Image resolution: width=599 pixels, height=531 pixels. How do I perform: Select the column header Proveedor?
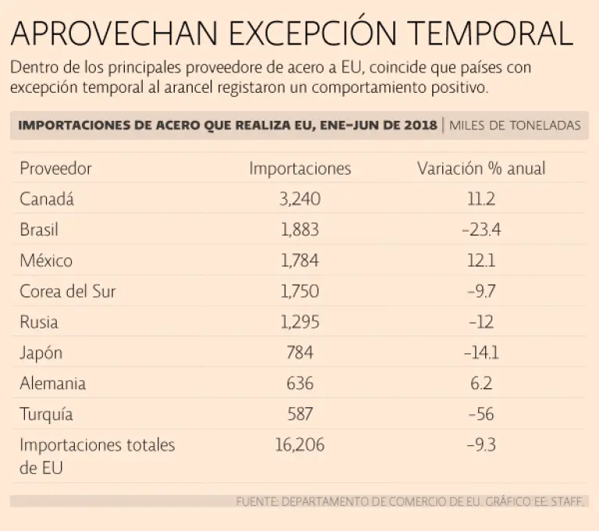pos(55,168)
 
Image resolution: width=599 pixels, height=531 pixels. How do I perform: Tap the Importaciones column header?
pos(299,168)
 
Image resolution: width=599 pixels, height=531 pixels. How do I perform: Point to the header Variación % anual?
pos(481,168)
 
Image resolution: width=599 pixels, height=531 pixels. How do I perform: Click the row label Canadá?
pos(46,199)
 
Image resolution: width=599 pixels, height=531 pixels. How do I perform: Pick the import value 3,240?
pos(299,199)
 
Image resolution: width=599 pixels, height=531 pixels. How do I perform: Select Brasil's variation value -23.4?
pos(481,230)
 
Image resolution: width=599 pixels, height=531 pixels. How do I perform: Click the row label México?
pos(46,260)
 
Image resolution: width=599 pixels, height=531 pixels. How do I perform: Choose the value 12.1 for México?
pos(481,260)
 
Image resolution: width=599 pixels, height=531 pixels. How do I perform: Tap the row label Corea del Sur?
pos(68,292)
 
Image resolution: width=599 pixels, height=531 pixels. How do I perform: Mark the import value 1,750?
pos(299,292)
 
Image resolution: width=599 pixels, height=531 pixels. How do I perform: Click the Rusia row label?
pos(39,322)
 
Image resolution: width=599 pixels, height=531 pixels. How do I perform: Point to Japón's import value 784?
pos(299,353)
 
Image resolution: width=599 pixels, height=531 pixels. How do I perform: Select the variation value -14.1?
pos(481,353)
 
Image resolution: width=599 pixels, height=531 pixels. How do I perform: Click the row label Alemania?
pos(53,384)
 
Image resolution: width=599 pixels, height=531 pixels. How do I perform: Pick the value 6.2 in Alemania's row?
pos(481,384)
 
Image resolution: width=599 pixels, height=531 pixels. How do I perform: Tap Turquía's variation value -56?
pos(481,415)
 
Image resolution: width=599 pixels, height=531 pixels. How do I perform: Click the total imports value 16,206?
pos(299,445)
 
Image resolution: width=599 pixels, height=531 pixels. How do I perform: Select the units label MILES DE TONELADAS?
pos(515,126)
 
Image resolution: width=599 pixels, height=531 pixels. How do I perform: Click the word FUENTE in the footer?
pos(257,501)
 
